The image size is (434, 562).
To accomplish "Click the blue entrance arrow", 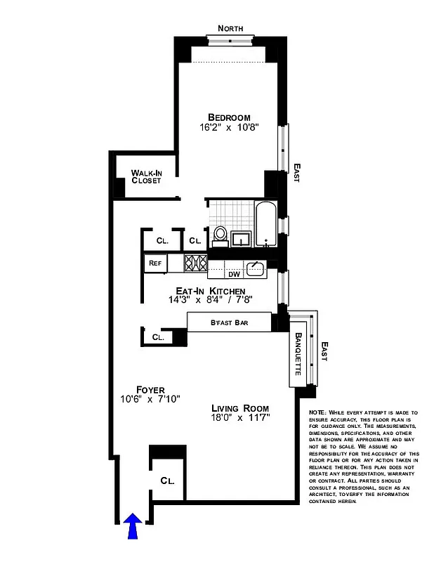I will click(x=133, y=526).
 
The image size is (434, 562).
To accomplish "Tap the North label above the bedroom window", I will click(x=230, y=28).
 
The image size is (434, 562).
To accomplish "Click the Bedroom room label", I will click(x=229, y=117).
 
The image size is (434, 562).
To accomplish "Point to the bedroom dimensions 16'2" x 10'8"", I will click(x=229, y=129).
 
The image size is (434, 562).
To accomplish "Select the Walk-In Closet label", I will click(x=146, y=176).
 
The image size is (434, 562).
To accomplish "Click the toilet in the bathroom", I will click(x=220, y=235).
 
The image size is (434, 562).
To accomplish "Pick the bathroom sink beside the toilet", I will click(x=242, y=239).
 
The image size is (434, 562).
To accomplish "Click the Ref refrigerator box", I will click(x=154, y=263).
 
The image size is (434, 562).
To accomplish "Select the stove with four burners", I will click(x=196, y=263).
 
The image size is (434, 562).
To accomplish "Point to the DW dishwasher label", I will click(x=234, y=275).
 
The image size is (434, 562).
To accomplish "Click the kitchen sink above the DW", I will click(x=256, y=266).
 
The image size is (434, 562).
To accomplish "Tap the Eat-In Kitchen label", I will click(x=210, y=291).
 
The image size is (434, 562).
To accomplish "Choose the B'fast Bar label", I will click(x=229, y=322).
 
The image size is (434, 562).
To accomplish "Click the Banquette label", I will click(x=298, y=354).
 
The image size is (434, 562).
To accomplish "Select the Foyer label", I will click(x=150, y=389).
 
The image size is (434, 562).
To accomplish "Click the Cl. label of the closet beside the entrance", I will click(x=167, y=482).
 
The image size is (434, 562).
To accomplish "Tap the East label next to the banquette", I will click(x=324, y=351).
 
